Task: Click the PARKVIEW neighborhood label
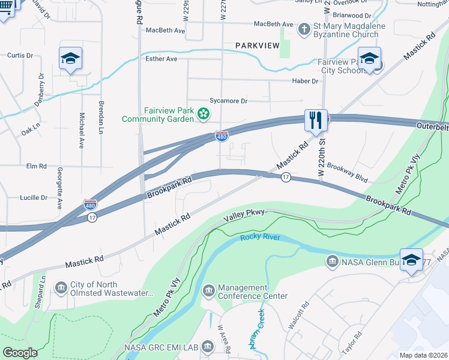pyautogui.click(x=258, y=45)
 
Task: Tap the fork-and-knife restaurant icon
pyautogui.click(x=315, y=120)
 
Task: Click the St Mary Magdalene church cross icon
pyautogui.click(x=304, y=28)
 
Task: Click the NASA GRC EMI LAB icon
pyautogui.click(x=208, y=346)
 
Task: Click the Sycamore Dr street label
pyautogui.click(x=228, y=101)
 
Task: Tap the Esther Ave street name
pyautogui.click(x=161, y=59)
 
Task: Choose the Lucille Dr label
pyautogui.click(x=34, y=197)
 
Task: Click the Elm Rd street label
pyautogui.click(x=36, y=166)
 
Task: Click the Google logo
pyautogui.click(x=20, y=353)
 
